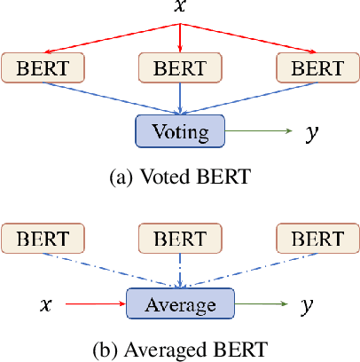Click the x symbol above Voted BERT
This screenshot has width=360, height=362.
tap(181, 9)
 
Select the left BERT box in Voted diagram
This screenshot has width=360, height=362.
tap(42, 67)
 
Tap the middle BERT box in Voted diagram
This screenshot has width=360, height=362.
tap(181, 67)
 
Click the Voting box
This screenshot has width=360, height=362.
tap(181, 133)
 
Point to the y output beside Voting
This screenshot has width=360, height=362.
tap(310, 133)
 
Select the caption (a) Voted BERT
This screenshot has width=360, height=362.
tap(181, 175)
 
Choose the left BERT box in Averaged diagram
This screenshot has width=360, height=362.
tap(42, 237)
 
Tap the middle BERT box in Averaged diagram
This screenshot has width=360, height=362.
tap(181, 237)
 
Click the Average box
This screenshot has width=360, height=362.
tap(181, 305)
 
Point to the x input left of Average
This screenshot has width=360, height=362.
tap(47, 305)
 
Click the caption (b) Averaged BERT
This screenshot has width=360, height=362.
tap(181, 346)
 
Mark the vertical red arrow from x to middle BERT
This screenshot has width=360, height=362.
tap(181, 35)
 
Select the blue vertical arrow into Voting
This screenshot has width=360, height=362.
tap(181, 98)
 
